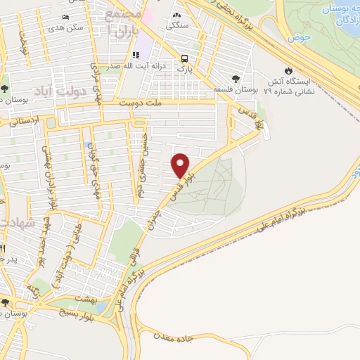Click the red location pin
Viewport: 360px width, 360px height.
click(x=181, y=165)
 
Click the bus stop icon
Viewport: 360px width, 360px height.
click(x=184, y=59)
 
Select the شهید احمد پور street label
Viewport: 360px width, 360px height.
click(x=45, y=236)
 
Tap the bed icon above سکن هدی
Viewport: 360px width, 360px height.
click(x=65, y=17)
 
